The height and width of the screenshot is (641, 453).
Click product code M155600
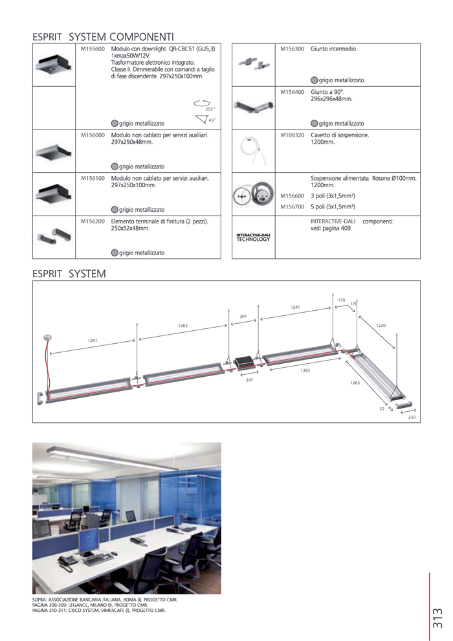tap(93, 49)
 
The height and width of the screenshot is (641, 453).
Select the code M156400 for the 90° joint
tap(292, 93)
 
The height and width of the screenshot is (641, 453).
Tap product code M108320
tap(292, 135)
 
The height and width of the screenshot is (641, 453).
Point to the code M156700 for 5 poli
tap(292, 207)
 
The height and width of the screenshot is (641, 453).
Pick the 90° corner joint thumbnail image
tap(253, 107)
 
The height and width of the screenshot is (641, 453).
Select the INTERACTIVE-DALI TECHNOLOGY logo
tap(253, 237)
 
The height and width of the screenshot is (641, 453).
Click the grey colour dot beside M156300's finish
tap(314, 80)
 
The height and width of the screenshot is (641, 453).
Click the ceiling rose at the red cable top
tap(48, 338)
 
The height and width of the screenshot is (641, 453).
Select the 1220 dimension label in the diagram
tap(381, 326)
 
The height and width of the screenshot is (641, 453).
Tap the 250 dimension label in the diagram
tap(412, 417)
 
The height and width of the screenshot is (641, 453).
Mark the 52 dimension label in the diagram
tap(382, 409)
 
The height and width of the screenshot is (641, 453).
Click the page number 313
tap(438, 618)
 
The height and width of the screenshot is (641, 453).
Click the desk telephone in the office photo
tap(67, 563)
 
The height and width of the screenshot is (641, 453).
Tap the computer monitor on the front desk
tap(89, 541)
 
